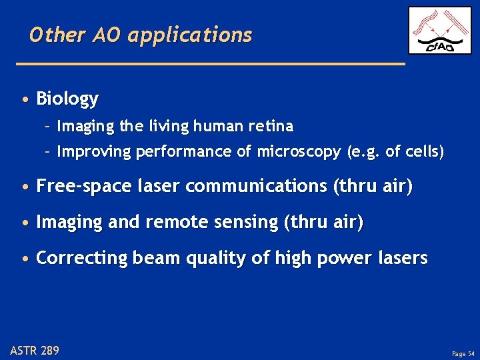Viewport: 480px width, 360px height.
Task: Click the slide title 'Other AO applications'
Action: tap(141, 35)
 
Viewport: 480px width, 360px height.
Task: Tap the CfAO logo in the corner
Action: tap(439, 31)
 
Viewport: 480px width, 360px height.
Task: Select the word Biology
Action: tap(67, 99)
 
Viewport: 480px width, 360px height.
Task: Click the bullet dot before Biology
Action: tap(25, 100)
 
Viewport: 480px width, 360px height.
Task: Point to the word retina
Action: tap(271, 126)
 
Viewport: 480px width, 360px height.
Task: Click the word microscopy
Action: tap(295, 152)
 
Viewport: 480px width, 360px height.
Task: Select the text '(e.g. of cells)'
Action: tap(395, 152)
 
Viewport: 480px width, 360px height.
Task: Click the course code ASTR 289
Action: tap(35, 349)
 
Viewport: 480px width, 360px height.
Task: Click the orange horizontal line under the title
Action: tap(210, 63)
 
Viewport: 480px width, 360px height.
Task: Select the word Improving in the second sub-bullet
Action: tap(94, 152)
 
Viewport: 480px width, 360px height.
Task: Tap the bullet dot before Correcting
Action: tap(25, 259)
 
